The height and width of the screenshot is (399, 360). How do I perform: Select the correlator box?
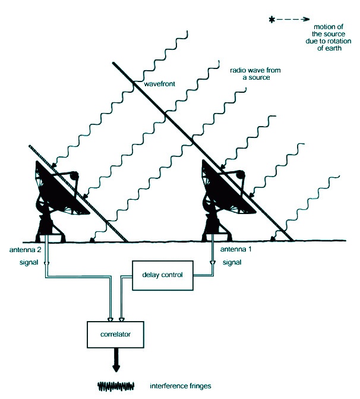(116, 335)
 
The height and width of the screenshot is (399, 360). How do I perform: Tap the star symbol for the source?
(272, 21)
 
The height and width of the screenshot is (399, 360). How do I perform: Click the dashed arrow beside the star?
(290, 21)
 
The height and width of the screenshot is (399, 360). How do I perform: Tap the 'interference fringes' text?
(172, 387)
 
